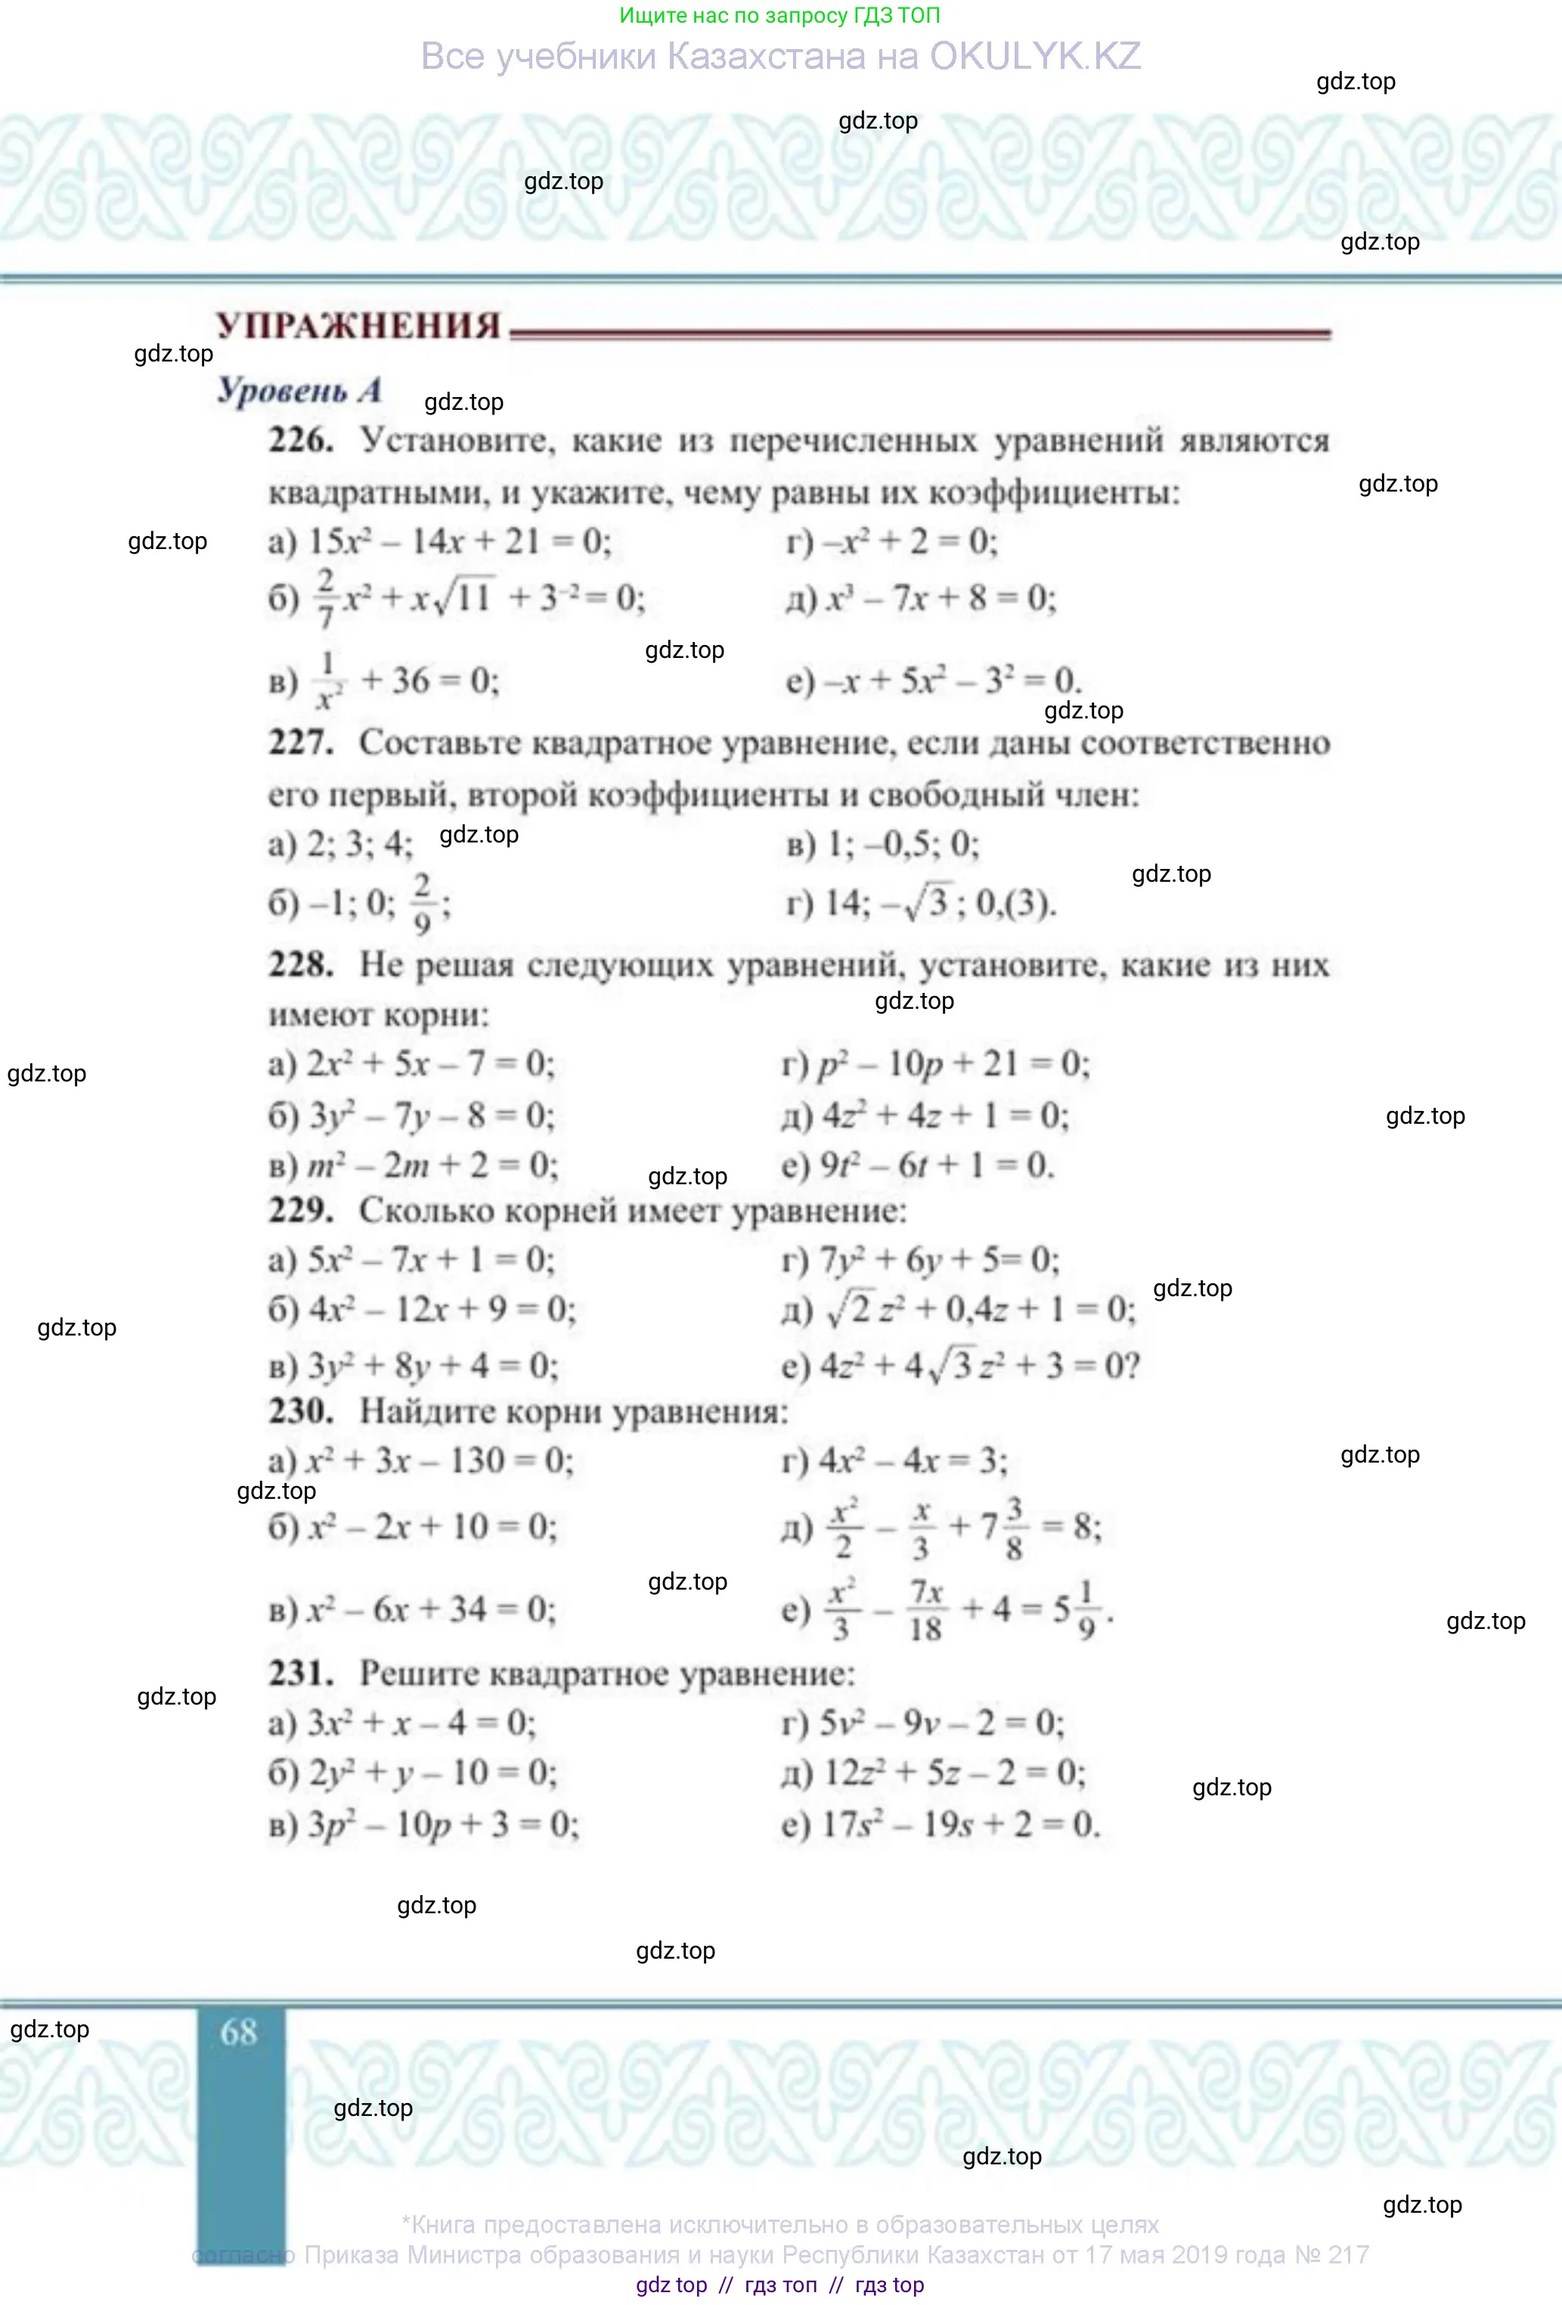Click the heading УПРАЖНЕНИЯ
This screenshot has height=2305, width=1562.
[358, 325]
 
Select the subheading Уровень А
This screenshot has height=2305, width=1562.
[299, 389]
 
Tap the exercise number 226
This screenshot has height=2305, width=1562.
[300, 439]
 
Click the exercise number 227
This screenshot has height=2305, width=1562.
[300, 742]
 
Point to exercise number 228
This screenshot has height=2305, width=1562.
[300, 964]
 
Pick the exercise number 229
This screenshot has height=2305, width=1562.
[300, 1210]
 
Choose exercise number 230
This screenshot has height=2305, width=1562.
[300, 1410]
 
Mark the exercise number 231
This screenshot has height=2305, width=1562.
[300, 1674]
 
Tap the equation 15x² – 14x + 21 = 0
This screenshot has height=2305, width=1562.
[460, 541]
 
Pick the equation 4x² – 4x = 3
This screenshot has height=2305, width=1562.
[913, 1461]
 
